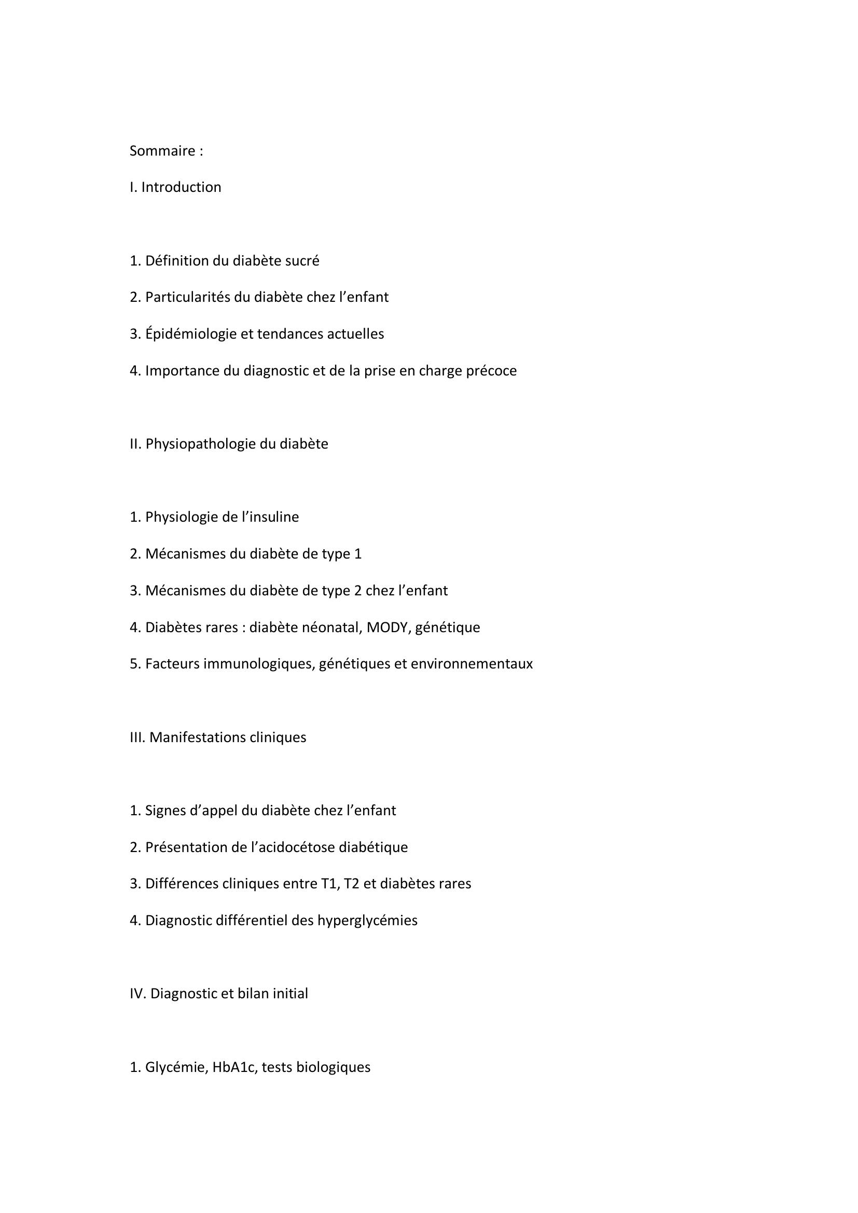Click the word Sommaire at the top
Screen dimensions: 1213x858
tap(162, 151)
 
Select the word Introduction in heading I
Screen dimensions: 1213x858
tap(181, 188)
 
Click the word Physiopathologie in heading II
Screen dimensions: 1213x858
tap(200, 444)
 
